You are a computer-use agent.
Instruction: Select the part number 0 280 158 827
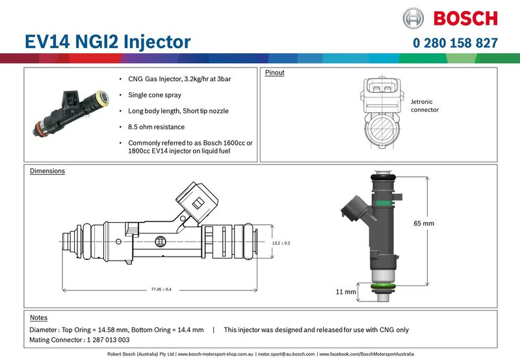[x=455, y=44]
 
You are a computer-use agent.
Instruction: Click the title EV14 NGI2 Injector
[x=107, y=42]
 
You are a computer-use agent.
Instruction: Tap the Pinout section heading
[x=274, y=73]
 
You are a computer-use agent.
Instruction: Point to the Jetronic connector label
[x=424, y=106]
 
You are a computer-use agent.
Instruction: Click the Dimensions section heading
[x=47, y=172]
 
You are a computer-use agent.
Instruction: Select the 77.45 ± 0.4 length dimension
[x=161, y=289]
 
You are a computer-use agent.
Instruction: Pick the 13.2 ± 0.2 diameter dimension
[x=281, y=242]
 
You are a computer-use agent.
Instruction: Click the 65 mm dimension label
[x=423, y=224]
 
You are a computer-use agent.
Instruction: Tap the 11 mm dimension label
[x=346, y=292]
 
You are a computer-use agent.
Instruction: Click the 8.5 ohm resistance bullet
[x=156, y=127]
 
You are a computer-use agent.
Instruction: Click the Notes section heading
[x=39, y=318]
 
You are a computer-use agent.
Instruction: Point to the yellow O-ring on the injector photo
[x=101, y=98]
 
